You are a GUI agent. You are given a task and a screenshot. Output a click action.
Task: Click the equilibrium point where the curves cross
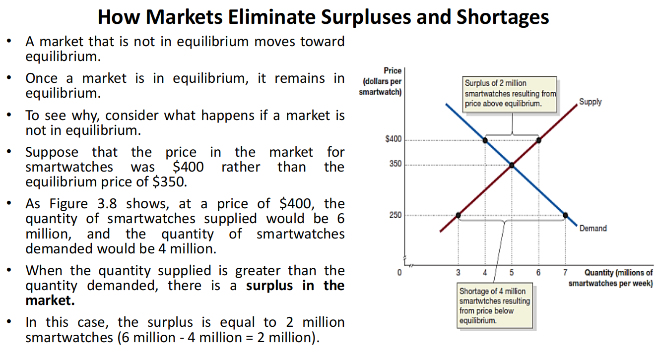click(x=512, y=165)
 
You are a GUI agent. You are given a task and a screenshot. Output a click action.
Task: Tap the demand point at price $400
click(x=485, y=140)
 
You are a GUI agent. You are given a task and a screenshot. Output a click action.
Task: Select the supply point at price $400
click(x=538, y=140)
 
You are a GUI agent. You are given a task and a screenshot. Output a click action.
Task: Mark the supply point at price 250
click(x=459, y=215)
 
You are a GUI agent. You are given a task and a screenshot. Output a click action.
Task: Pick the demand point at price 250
click(x=566, y=215)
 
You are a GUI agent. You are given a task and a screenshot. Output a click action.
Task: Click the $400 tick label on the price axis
click(x=394, y=139)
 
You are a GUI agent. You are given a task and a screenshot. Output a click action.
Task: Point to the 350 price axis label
click(x=395, y=164)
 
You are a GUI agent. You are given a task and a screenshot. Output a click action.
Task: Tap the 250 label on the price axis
click(x=395, y=215)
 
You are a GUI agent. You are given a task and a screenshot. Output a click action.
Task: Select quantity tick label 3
click(x=459, y=273)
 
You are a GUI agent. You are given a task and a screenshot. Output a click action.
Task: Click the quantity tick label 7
click(x=565, y=273)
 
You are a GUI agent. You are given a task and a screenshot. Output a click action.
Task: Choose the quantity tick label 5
click(x=512, y=273)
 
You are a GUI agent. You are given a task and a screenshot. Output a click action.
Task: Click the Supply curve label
click(x=590, y=102)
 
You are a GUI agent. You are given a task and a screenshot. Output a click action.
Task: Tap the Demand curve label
click(x=593, y=228)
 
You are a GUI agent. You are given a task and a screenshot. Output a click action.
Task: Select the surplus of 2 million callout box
click(x=510, y=95)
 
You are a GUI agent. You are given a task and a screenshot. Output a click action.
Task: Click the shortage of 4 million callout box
click(x=495, y=305)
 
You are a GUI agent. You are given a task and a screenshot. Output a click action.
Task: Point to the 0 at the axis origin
click(x=399, y=273)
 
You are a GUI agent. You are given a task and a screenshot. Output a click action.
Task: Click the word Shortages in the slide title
click(x=503, y=17)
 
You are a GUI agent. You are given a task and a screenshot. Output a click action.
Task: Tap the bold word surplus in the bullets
click(x=269, y=285)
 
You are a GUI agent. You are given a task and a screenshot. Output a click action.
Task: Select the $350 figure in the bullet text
click(x=170, y=182)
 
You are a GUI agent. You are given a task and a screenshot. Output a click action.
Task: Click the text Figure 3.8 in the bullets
click(x=83, y=204)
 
